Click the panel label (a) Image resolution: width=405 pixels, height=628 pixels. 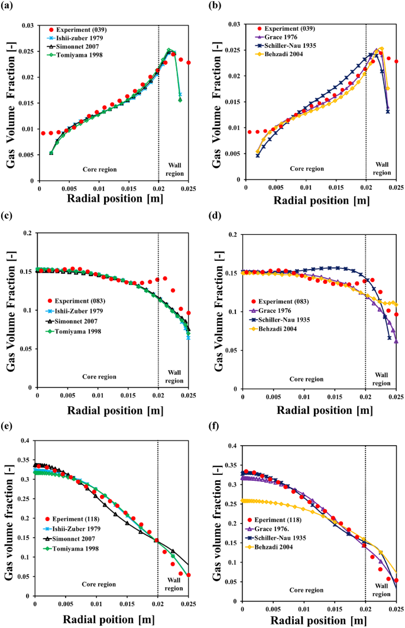(x=9, y=7)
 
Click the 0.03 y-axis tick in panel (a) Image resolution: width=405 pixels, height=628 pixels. (x=26, y=25)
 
